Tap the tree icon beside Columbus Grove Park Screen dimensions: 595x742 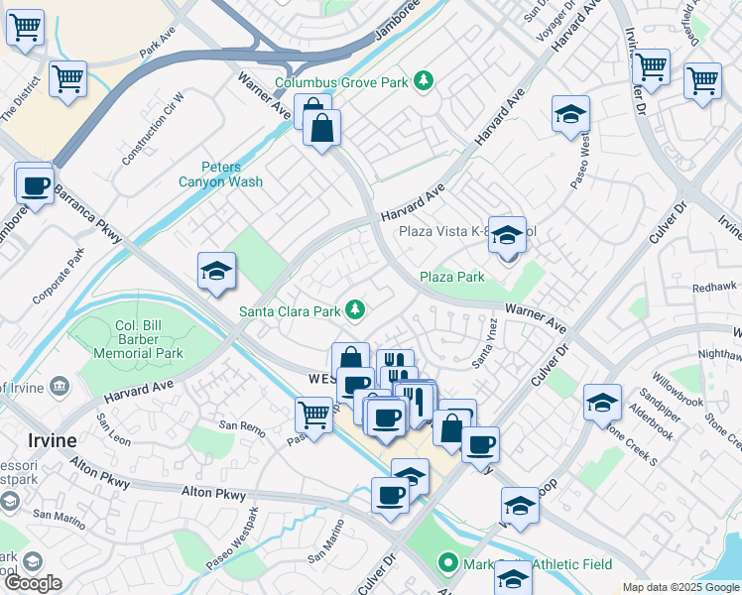(424, 79)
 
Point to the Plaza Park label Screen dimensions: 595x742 (451, 277)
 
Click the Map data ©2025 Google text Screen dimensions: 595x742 (680, 587)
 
